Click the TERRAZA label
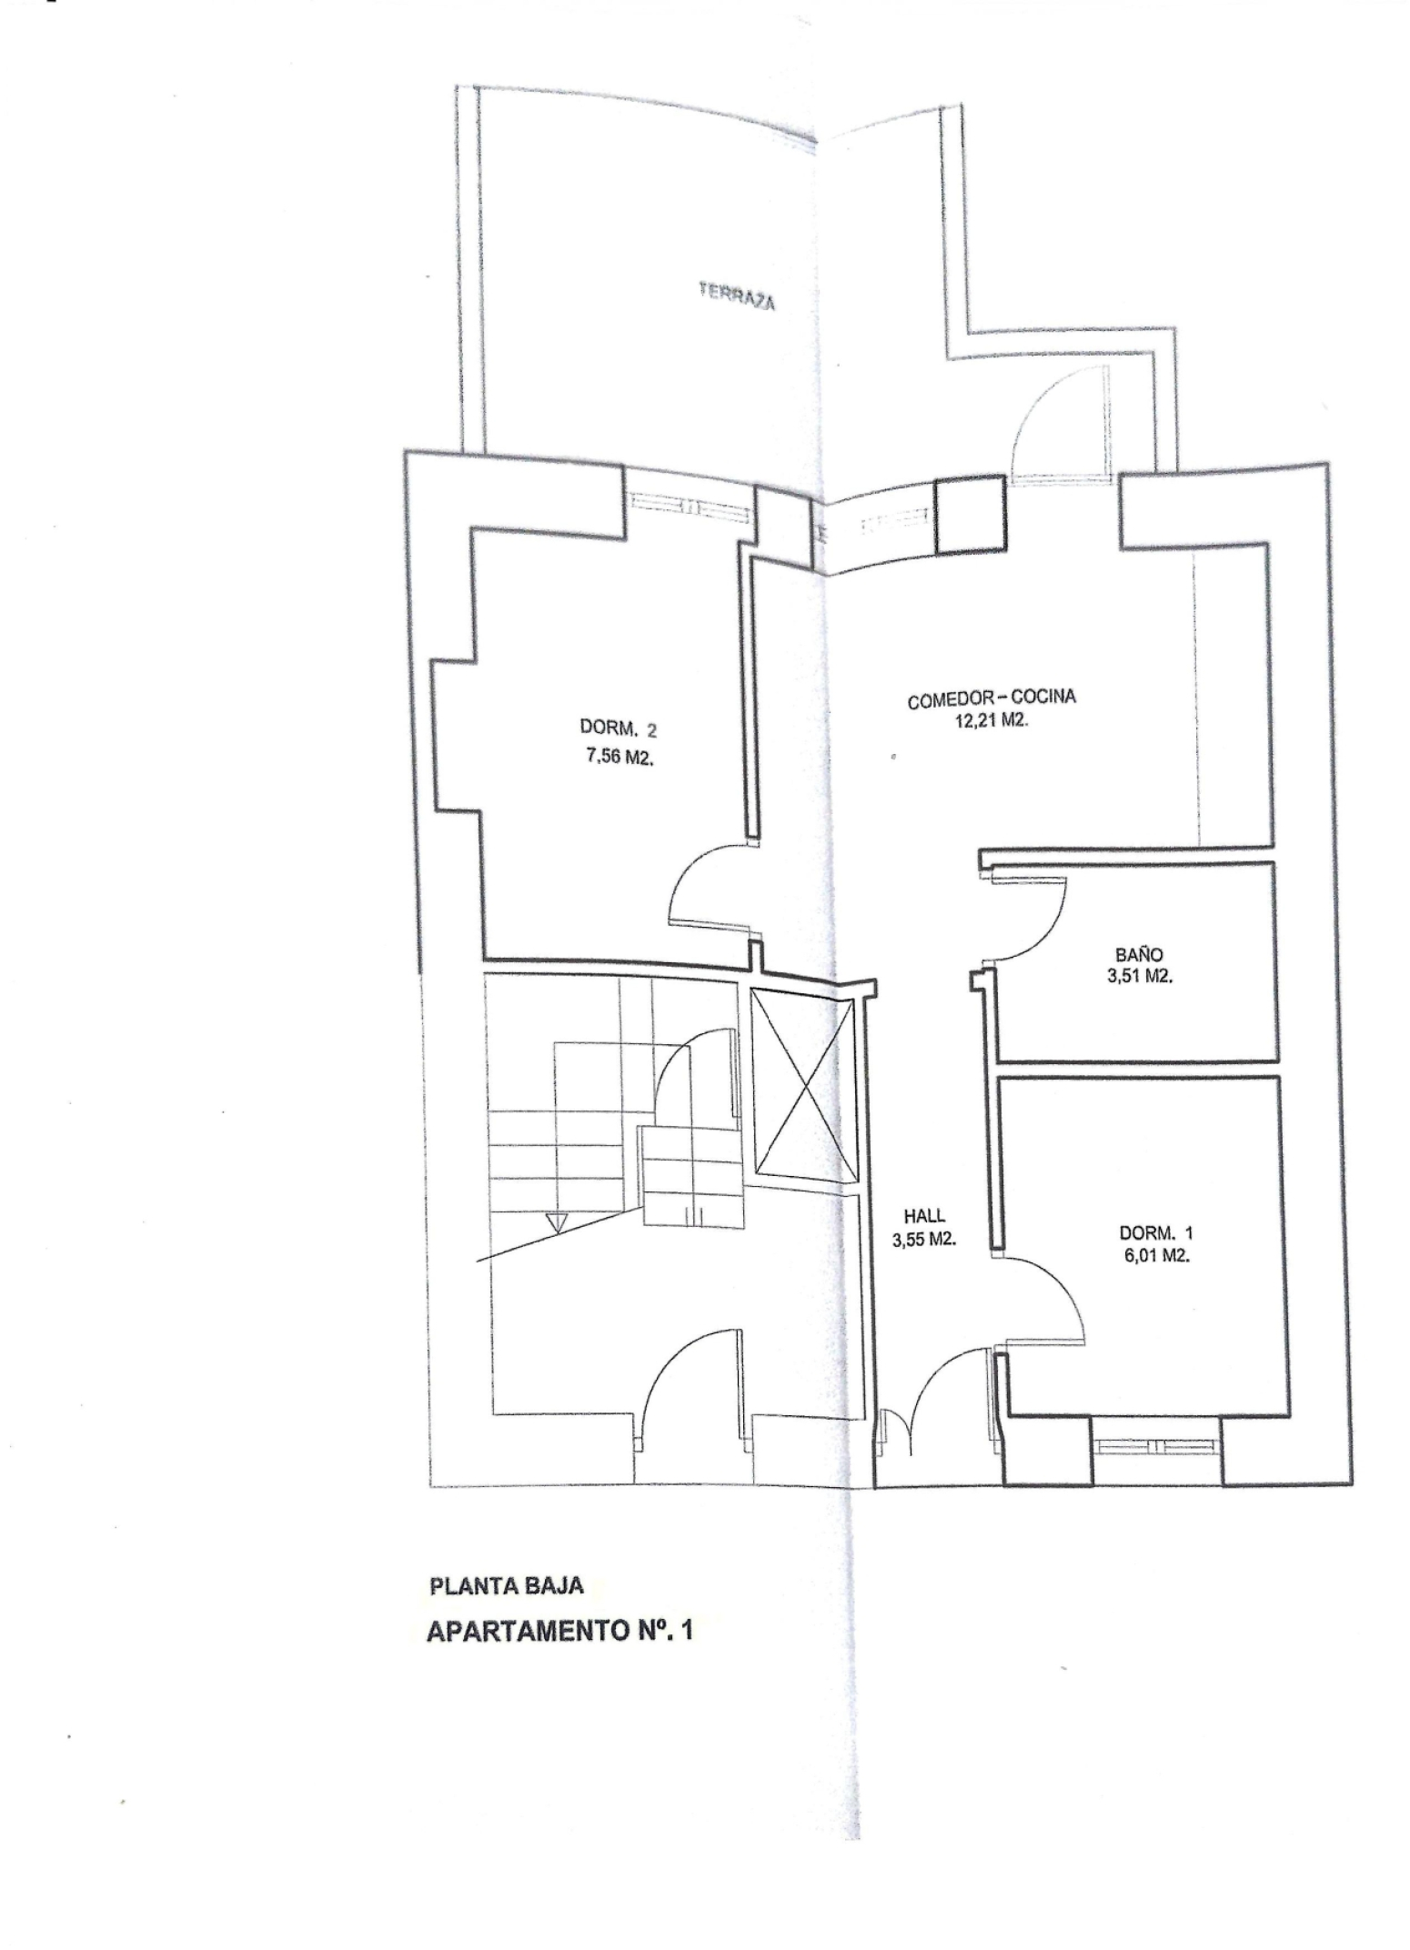coord(737,297)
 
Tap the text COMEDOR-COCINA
coord(992,699)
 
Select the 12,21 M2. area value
coord(991,724)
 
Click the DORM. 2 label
coord(619,729)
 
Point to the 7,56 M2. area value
coord(618,757)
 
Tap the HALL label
coord(924,1216)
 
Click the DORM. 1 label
coord(1155,1233)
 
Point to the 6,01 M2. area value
coord(1155,1256)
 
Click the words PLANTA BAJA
coord(507,1586)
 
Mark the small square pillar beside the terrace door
coord(971,516)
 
